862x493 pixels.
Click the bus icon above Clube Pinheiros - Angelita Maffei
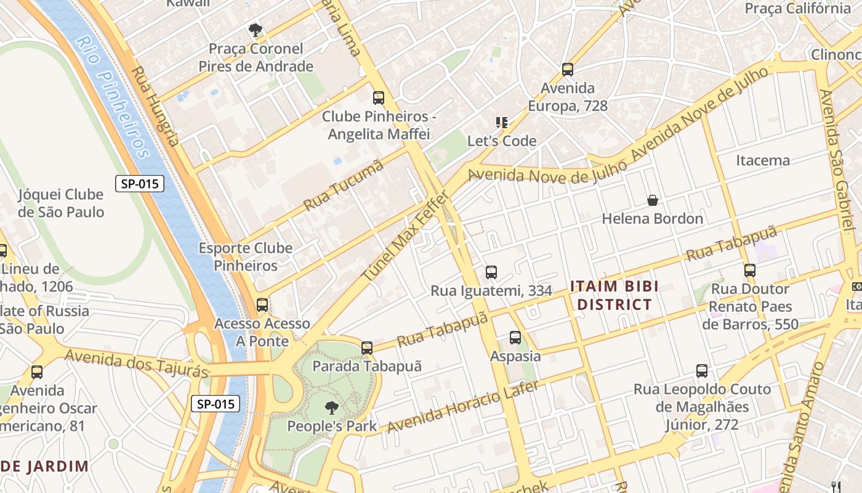378,97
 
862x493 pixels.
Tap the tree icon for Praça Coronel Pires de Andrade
254,30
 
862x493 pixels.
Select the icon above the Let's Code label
502,123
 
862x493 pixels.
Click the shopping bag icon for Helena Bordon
652,200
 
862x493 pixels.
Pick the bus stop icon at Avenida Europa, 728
567,70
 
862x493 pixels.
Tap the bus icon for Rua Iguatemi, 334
491,272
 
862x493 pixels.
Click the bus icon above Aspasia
515,338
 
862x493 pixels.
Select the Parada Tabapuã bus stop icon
367,348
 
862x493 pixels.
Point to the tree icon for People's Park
331,407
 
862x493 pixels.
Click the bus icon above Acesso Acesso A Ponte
262,304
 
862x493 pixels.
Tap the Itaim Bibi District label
614,295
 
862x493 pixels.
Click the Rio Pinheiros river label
114,97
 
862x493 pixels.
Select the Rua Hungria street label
156,106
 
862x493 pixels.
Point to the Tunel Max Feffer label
406,237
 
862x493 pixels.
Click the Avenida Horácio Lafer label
462,407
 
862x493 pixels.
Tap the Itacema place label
763,161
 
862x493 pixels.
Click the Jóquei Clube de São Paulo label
60,203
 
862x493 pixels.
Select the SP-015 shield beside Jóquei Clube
140,183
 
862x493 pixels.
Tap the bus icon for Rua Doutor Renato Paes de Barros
749,270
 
